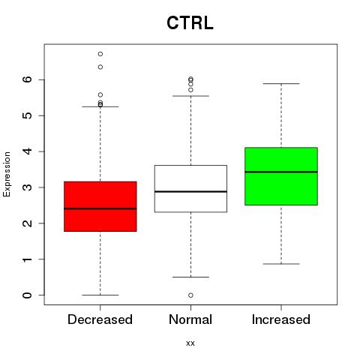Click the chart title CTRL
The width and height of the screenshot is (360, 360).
pos(190,23)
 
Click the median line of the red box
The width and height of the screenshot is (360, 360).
pos(100,208)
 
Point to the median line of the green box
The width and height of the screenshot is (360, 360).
pos(281,172)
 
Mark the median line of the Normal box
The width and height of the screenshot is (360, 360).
pos(190,191)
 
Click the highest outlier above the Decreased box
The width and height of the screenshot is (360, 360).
pos(100,54)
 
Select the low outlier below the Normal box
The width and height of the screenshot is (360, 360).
pos(190,295)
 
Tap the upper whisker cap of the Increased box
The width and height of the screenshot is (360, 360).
pos(281,83)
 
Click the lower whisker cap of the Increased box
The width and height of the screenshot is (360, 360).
pos(281,264)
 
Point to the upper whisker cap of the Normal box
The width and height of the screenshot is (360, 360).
pos(190,96)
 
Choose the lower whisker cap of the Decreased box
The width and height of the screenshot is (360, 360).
pos(100,295)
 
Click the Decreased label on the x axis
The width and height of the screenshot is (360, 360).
pos(100,319)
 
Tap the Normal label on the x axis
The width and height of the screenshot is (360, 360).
pos(190,319)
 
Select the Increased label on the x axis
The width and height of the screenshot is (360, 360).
pos(281,319)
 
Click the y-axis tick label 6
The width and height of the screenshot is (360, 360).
pos(27,79)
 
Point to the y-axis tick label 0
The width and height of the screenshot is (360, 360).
pos(27,295)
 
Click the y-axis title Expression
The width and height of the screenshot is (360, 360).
pos(7,174)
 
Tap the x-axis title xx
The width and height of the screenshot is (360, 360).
pos(190,343)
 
